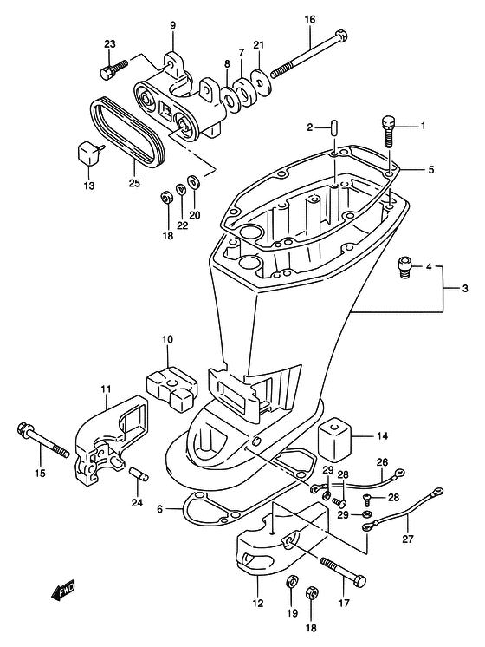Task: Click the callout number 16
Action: pos(310,19)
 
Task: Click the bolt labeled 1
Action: pos(387,131)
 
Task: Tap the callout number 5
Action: pos(431,170)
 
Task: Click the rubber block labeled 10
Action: pos(172,384)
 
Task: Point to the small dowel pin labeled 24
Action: pos(139,474)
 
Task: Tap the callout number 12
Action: pos(257,603)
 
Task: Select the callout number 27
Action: pos(408,539)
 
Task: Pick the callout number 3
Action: pos(465,289)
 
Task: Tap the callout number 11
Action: pos(106,389)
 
